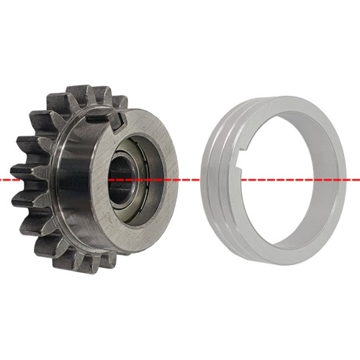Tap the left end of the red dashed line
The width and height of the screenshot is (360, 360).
pos(3,178)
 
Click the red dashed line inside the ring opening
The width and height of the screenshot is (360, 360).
pos(288,178)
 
